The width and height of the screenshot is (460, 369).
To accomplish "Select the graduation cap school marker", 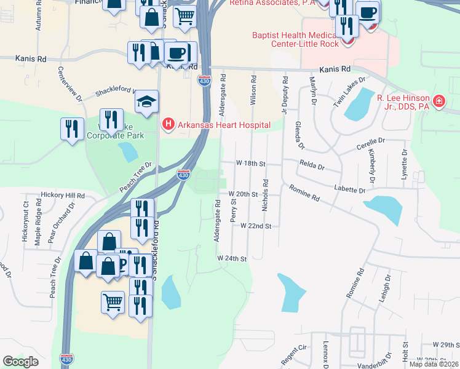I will tap(147, 101).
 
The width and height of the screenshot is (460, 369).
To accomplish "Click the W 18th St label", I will tap(250, 164).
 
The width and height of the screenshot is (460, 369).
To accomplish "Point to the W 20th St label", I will tap(242, 194).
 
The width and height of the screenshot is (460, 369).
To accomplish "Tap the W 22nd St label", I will tap(256, 226).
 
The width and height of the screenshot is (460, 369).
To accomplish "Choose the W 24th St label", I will tap(231, 259).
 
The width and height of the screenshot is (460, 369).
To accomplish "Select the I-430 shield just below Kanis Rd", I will tap(204, 80).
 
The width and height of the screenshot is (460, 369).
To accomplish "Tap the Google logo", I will tap(20, 361).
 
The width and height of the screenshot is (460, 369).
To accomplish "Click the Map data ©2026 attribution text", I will tap(434, 364).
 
